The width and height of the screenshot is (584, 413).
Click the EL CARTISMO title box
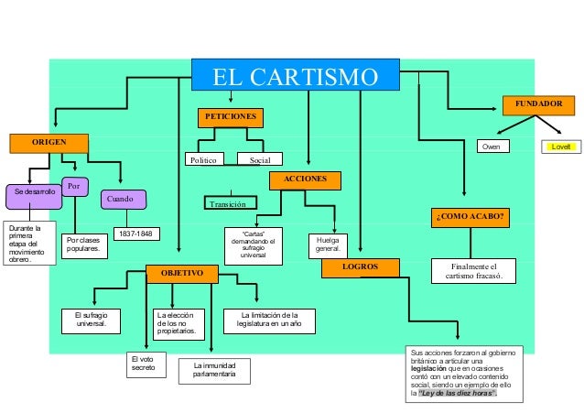(x=295, y=76)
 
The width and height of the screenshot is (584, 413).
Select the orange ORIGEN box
(x=49, y=143)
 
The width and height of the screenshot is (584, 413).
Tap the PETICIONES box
(x=230, y=118)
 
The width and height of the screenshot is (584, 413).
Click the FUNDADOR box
(x=538, y=104)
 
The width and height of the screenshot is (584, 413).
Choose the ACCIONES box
(x=304, y=179)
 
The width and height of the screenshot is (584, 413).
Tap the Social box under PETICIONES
(x=261, y=159)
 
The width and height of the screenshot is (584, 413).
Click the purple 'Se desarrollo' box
(x=34, y=193)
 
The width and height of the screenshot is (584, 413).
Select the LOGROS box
(x=360, y=267)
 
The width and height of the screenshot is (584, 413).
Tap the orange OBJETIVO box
(x=182, y=273)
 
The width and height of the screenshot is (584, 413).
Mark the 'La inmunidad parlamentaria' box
(x=213, y=370)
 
